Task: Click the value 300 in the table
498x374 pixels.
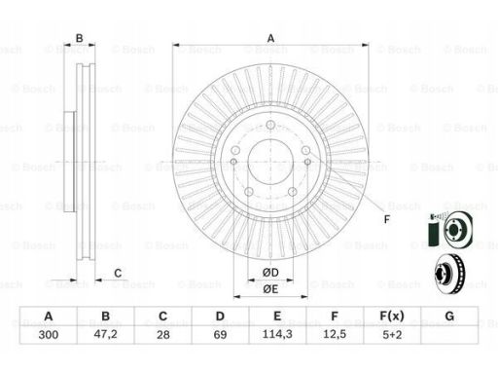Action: [49, 334]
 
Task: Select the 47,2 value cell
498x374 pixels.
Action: [106, 334]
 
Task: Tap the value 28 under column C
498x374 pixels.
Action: [163, 334]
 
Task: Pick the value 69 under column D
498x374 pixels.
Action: [220, 334]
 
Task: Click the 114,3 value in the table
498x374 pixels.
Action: [277, 334]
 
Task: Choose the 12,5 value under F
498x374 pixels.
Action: [335, 334]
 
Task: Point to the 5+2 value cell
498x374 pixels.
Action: [392, 334]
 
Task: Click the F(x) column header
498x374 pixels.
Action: [392, 316]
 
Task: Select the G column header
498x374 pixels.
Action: [449, 316]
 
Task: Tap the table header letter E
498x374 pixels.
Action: [277, 316]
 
